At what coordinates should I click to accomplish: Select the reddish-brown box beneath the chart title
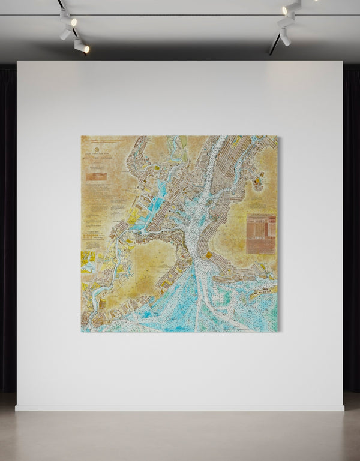(96, 177)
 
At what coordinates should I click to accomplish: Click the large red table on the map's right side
(261, 234)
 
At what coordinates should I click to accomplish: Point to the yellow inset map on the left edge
(88, 260)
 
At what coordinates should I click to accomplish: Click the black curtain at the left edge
(8, 228)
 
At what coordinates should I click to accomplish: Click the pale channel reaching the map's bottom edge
(202, 312)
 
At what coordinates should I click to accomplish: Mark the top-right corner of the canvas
(277, 137)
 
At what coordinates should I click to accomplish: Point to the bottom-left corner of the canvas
(82, 331)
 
